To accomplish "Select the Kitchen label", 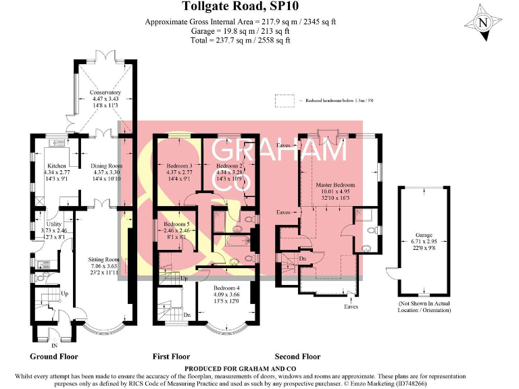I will pyautogui.click(x=55, y=165).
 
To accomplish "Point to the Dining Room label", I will pyautogui.click(x=106, y=165).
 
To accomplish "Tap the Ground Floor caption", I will pyautogui.click(x=54, y=356).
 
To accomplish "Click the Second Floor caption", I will pyautogui.click(x=297, y=356).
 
